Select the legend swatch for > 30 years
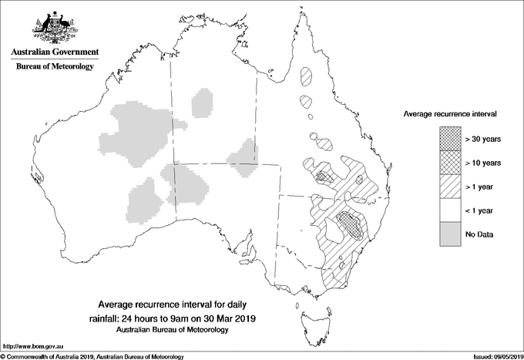450,139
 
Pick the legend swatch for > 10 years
450,163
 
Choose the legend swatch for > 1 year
450,187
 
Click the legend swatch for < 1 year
450,210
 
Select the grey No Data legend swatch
450,234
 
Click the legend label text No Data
481,234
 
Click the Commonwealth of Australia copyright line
92,355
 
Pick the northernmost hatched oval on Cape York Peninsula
307,76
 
